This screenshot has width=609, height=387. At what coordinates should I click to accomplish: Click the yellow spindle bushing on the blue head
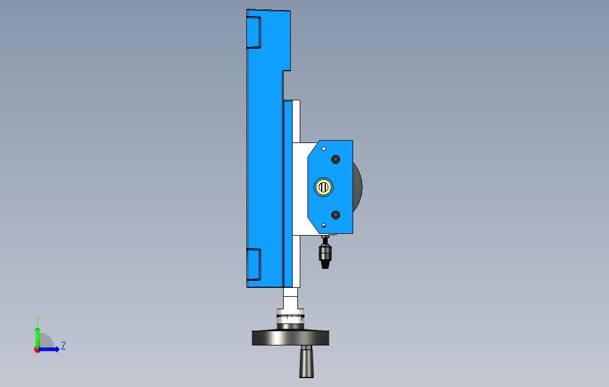point(323,187)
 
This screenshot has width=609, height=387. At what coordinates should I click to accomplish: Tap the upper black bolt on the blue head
point(335,159)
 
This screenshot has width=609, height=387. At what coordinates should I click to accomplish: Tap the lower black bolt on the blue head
point(335,215)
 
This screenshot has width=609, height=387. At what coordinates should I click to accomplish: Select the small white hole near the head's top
point(323,148)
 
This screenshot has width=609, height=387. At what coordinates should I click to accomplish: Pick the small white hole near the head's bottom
point(323,226)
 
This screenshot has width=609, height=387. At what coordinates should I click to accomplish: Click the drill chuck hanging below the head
point(325,253)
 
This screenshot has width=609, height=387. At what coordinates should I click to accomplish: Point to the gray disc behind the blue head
point(358,186)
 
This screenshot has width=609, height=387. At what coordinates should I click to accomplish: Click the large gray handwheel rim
point(290,338)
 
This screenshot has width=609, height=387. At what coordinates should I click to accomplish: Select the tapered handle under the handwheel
point(306,363)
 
